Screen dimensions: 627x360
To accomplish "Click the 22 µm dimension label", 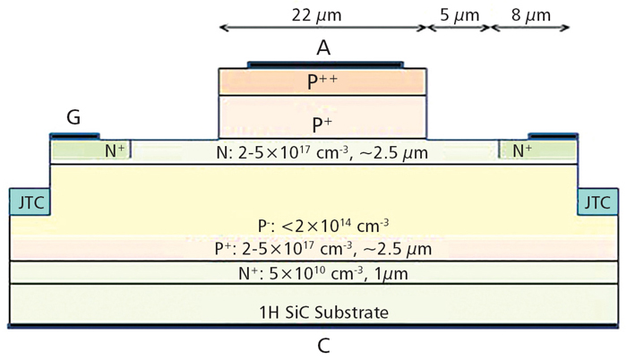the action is coord(316,15).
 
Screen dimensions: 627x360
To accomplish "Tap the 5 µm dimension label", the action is coord(460,15).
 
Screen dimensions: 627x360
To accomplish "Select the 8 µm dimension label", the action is coord(530,15).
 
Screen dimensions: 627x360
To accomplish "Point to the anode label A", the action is coord(323,48).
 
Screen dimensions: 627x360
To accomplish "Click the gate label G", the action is coord(73,117).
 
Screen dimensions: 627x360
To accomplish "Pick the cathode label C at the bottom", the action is coord(323,346).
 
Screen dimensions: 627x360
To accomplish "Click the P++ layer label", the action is coord(322,81).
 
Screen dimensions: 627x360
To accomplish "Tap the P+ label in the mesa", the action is coord(322,124).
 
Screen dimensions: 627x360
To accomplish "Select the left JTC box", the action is coord(30,202).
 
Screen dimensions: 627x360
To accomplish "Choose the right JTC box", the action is coord(597,202).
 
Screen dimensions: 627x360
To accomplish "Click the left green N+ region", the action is coord(91,150).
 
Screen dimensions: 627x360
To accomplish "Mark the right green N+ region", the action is coord(537,150).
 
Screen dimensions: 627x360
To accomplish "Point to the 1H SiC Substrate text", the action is coord(324,312).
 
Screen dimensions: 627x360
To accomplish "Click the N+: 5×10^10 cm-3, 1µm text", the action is coord(323,274).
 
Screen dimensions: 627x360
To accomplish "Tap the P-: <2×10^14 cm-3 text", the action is coord(323,226).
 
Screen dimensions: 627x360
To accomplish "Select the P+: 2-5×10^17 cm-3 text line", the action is coord(323,248).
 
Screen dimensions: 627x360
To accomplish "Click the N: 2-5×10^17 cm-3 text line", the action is coord(322,152).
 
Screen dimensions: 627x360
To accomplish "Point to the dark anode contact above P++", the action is coord(325,64).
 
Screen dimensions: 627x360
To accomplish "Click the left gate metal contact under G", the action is coord(74,136).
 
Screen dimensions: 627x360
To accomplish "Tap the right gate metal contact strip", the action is coord(553,136).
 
